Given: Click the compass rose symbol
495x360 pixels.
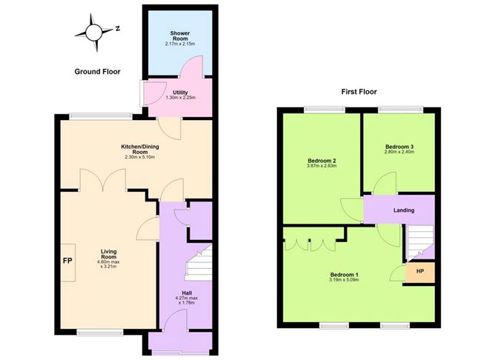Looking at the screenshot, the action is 94,33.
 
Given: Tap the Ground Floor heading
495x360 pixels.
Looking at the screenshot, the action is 97,72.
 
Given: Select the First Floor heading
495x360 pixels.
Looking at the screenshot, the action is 359,92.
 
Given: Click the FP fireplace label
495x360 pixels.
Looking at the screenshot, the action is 67,261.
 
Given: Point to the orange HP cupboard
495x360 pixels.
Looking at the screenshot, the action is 420,272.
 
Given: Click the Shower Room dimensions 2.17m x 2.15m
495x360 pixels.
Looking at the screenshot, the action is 180,44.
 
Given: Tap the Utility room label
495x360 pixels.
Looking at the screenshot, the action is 180,93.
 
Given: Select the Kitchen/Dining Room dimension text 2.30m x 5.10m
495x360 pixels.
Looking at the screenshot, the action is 140,157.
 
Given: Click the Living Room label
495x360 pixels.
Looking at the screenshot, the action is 109,254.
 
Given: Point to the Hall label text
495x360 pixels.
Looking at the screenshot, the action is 187,293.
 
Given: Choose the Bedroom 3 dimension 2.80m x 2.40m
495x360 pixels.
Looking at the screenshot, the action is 399,152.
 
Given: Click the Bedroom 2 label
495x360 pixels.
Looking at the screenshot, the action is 322,161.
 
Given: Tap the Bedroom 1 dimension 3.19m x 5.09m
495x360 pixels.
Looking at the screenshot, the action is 344,279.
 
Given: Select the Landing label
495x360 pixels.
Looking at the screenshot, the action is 404,210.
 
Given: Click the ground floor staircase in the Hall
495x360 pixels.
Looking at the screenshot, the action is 199,262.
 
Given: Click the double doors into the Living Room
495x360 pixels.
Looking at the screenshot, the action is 103,180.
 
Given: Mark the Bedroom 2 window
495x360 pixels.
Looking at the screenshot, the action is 325,110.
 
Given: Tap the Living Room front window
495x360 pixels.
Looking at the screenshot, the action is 100,333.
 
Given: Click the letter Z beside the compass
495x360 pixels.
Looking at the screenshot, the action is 118,28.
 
